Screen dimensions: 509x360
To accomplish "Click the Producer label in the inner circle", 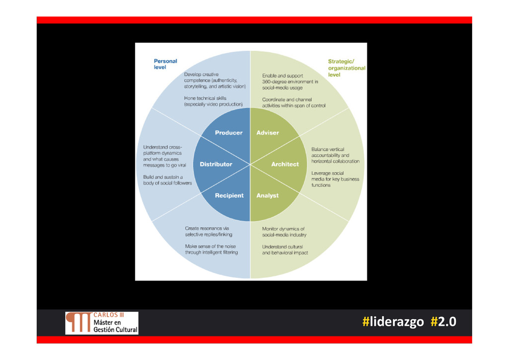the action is click(229, 133).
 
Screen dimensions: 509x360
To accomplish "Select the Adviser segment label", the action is click(267, 133).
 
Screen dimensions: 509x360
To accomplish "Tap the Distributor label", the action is click(216, 164).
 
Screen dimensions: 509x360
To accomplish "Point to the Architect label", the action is click(285, 164).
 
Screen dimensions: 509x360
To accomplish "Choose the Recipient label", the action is click(229, 195).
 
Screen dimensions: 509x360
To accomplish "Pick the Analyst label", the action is click(267, 195).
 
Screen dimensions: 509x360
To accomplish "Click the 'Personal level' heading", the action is click(165, 64).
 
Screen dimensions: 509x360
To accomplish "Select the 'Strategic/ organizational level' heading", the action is click(346, 68).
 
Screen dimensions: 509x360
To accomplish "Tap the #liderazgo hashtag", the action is click(393, 322).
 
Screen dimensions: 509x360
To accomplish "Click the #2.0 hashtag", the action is click(443, 322).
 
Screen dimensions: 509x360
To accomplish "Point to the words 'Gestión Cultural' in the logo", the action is click(115, 330).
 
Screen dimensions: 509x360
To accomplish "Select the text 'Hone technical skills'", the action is click(205, 98).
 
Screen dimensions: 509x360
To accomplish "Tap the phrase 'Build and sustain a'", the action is click(163, 177).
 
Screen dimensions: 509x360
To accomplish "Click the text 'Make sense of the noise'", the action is click(210, 246).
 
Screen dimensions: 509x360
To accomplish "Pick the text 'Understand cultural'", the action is click(282, 246).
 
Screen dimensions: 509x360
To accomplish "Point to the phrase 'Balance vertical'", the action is click(328, 149).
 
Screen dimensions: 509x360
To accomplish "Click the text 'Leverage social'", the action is click(328, 173).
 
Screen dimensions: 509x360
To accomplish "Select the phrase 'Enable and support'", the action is click(282, 76).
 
